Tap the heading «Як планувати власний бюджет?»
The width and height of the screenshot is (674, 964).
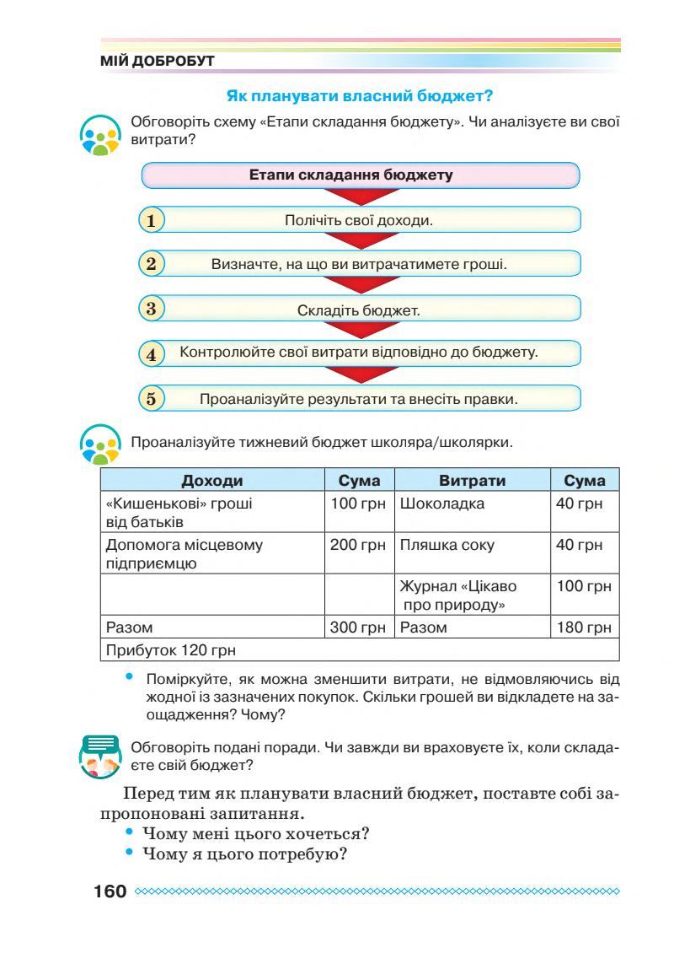(361, 98)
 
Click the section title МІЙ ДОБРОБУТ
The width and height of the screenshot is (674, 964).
(158, 62)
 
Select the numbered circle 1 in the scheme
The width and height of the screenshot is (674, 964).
(152, 221)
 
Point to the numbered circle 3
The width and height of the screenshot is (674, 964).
(152, 308)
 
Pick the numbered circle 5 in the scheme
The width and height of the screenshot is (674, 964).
(152, 398)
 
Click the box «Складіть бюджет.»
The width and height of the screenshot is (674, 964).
(359, 309)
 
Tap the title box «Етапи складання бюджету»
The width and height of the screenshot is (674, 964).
(361, 176)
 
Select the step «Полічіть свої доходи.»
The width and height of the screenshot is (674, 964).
(359, 221)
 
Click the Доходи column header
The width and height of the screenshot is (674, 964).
(212, 481)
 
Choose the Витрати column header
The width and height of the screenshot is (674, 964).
(472, 481)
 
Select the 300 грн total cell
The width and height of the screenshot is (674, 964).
(358, 627)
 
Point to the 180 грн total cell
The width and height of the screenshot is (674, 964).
(583, 627)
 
